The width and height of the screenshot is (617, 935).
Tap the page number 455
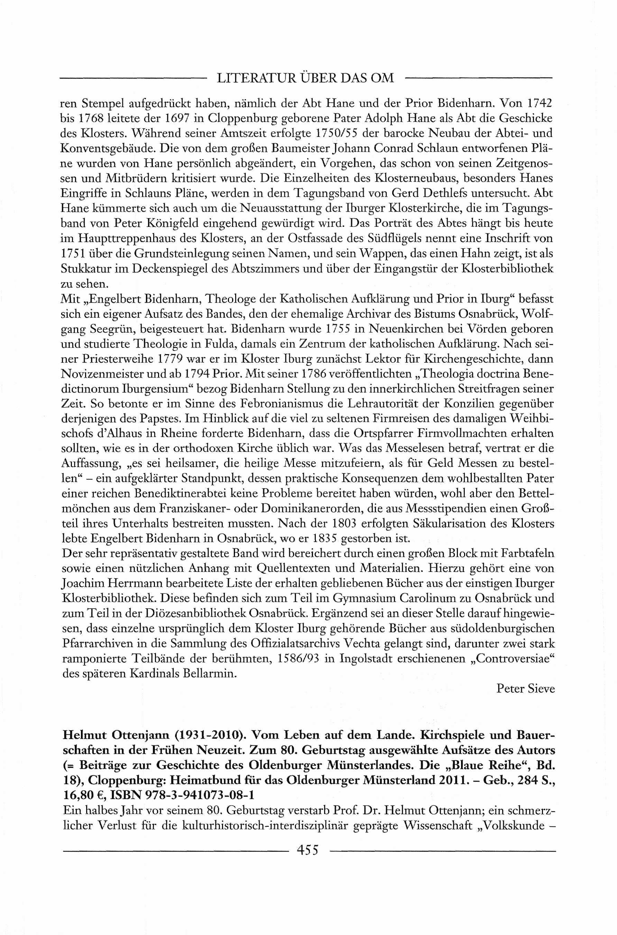click(308, 850)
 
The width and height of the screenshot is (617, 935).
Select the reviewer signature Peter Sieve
click(525, 688)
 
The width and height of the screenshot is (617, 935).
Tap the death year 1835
click(324, 538)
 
